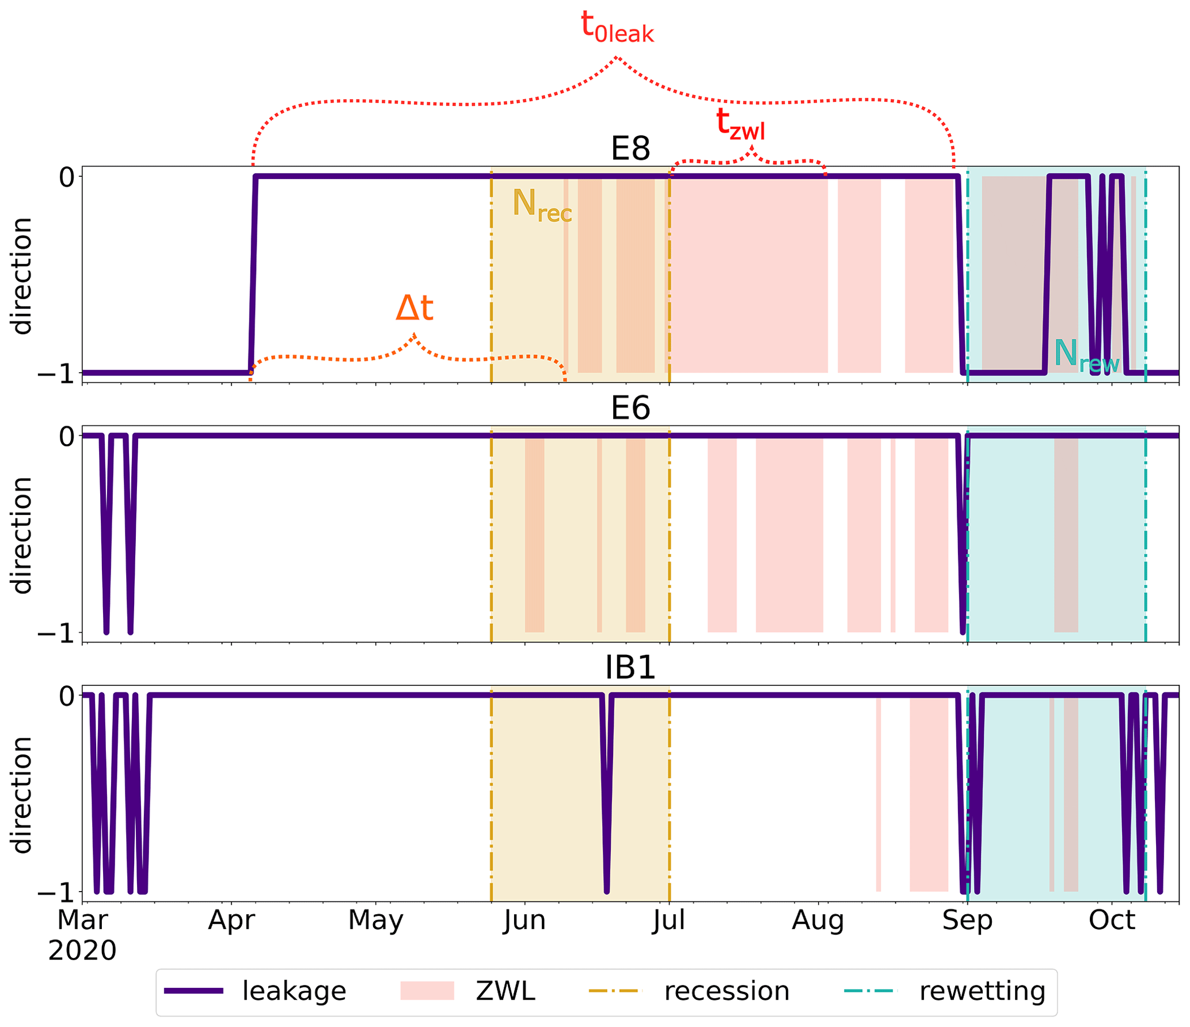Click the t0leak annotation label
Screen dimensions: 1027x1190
617,28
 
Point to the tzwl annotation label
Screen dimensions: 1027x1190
740,124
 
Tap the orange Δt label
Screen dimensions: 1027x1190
414,309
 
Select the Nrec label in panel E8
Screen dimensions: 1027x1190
542,206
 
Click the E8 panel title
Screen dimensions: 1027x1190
630,149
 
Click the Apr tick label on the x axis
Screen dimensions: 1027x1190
231,920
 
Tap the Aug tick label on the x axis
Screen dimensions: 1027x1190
818,920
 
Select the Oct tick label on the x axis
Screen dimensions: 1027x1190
1112,920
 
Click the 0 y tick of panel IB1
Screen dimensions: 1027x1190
67,696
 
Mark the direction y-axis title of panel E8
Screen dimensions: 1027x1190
22,275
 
